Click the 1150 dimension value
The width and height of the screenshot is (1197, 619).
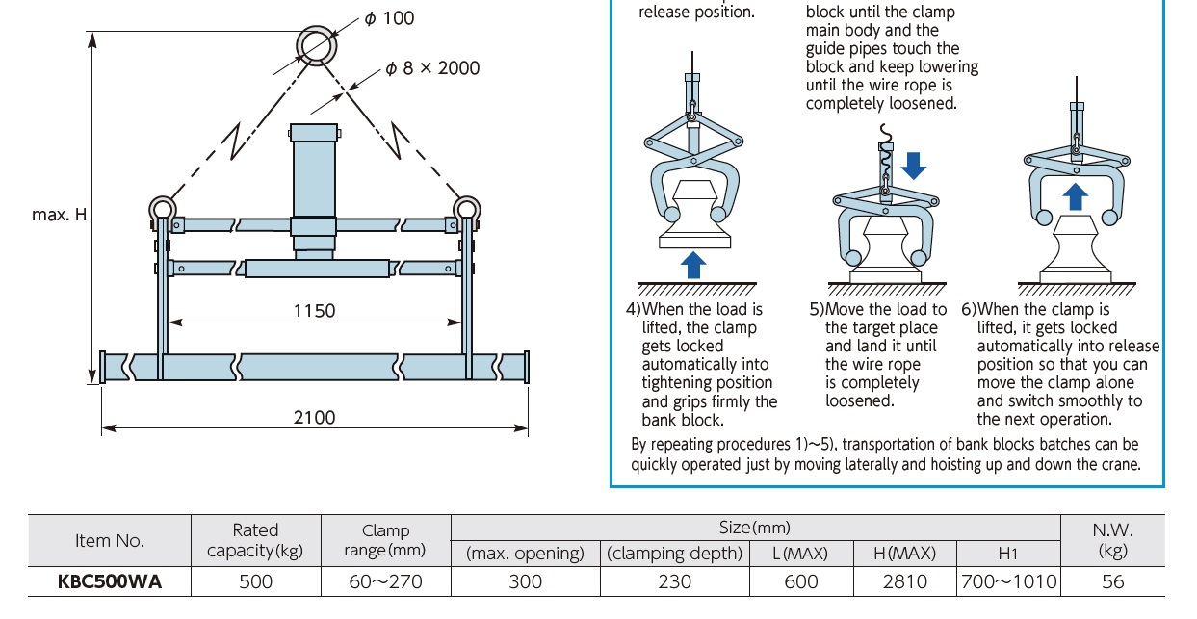[x=314, y=310]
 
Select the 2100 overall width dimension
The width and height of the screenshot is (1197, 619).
[x=314, y=417]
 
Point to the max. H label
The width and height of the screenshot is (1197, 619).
[x=59, y=215]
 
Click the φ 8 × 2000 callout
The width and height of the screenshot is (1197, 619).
[x=431, y=68]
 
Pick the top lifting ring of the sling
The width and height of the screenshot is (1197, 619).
[x=316, y=44]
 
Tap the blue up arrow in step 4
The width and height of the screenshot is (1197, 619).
[x=691, y=263]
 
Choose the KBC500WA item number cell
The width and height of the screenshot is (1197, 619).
[x=109, y=581]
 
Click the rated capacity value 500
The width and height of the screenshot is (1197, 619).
[x=256, y=581]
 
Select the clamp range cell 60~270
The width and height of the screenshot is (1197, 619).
[x=385, y=581]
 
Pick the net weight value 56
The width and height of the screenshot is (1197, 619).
[x=1112, y=581]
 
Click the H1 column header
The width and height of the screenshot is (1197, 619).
[x=1008, y=554]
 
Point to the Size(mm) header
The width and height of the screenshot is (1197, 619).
[x=754, y=528]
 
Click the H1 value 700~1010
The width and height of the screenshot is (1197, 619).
[x=1008, y=581]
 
